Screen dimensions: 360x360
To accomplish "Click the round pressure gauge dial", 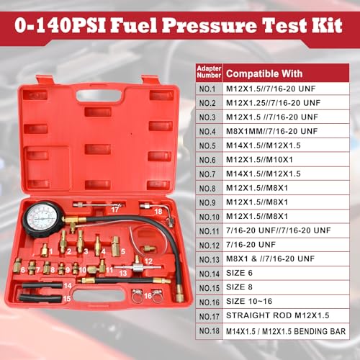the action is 42,219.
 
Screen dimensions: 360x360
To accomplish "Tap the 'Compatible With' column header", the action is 264,73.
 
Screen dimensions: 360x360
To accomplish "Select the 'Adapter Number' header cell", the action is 209,72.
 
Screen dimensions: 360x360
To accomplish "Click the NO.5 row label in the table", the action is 207,146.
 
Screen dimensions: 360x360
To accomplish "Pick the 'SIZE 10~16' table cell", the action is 249,301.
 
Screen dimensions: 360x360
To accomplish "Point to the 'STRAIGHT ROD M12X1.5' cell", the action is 278,315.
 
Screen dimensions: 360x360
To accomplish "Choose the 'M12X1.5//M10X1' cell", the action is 259,160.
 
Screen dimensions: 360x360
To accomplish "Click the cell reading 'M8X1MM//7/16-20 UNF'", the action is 272,131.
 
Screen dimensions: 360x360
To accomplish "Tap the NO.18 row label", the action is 210,331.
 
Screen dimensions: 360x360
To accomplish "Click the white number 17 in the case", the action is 115,210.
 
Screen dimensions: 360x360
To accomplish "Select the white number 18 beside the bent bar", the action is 158,212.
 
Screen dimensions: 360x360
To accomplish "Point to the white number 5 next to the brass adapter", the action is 123,251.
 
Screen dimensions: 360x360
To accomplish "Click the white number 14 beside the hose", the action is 68,286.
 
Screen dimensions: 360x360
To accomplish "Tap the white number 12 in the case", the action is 148,261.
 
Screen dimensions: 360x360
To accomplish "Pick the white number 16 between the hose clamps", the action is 148,296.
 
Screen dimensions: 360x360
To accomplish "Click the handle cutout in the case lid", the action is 99,95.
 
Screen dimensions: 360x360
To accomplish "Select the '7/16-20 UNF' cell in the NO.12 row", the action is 251,245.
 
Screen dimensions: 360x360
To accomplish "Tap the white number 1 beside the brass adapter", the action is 51,251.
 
